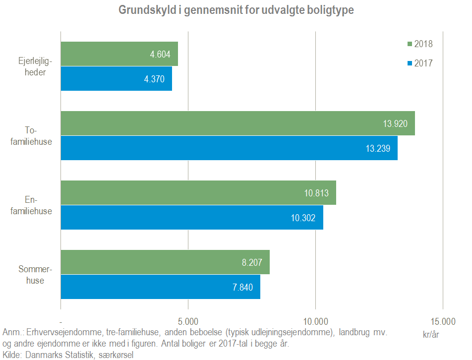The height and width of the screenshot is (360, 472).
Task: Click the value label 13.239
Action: [378, 148]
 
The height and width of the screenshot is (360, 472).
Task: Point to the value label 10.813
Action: [316, 193]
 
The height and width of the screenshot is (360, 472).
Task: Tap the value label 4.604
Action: [160, 54]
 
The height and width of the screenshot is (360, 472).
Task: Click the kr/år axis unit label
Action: [431, 334]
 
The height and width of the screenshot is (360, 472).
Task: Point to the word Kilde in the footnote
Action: [12, 355]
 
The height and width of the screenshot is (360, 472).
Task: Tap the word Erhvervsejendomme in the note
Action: [62, 332]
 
